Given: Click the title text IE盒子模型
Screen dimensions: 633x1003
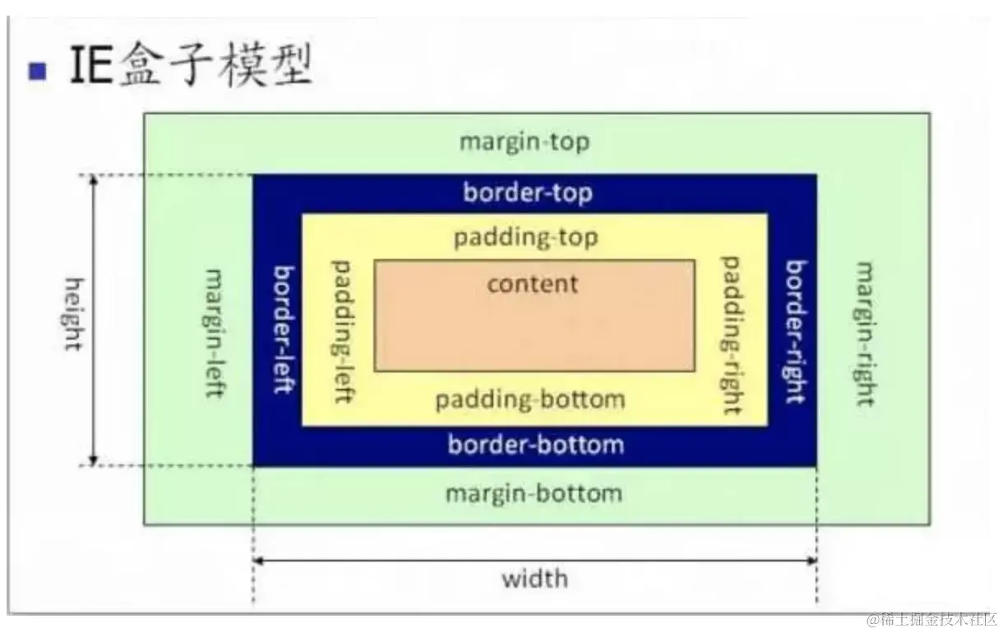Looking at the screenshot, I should tap(192, 67).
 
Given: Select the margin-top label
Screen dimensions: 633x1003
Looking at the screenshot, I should tap(525, 141).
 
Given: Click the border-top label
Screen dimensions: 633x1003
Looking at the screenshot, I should tap(527, 193).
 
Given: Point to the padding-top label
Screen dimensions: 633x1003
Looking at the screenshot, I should tap(526, 238).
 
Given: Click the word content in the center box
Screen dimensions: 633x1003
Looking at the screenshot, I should tap(533, 284).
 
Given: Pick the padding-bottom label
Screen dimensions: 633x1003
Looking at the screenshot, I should tap(530, 400).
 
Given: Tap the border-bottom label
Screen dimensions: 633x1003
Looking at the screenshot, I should tap(535, 446).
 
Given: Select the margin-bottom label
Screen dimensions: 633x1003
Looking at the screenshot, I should tap(534, 494).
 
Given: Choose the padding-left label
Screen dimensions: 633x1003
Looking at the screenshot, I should tap(342, 331).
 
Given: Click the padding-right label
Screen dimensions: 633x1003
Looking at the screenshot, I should tap(731, 335).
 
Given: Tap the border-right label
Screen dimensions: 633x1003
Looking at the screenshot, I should tap(795, 331).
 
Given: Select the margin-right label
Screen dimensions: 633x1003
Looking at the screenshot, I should tap(864, 334).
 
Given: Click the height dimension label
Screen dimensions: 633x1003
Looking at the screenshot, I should tap(73, 315).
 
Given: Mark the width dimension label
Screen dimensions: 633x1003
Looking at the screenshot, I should tap(534, 579).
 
